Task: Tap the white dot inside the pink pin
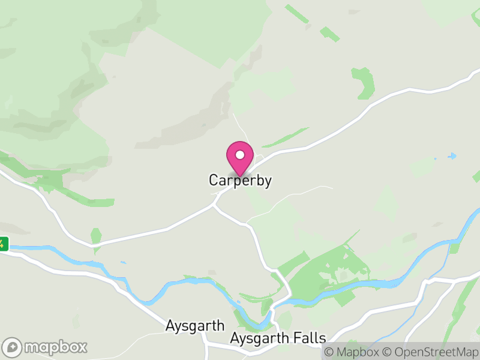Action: (240, 155)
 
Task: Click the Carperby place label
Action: (240, 180)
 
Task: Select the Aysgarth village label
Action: (195, 326)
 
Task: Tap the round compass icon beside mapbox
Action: (13, 347)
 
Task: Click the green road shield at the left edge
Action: (3, 244)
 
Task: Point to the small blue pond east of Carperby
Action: (452, 156)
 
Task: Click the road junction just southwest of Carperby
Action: (215, 205)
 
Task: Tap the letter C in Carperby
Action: (214, 180)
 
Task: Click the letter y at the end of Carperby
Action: (268, 181)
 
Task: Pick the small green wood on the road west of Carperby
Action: (96, 235)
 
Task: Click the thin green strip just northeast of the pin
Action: (285, 137)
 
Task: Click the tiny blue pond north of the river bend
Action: (122, 262)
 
